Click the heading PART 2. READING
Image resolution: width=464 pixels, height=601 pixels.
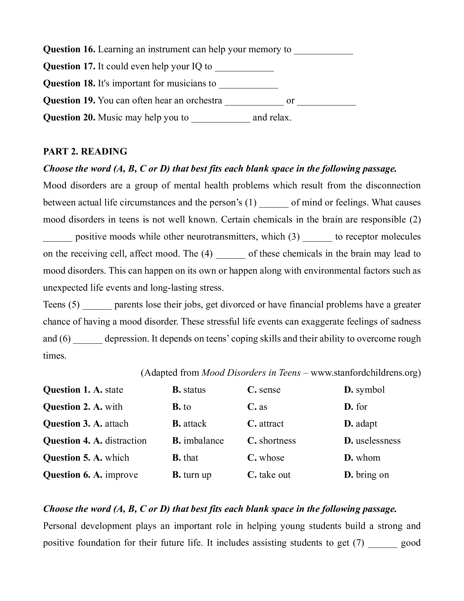coord(85,152)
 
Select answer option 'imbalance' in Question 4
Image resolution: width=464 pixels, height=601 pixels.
coord(204,441)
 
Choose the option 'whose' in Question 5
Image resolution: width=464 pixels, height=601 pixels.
coord(272,458)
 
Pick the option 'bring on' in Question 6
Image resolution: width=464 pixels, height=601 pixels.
coord(372,475)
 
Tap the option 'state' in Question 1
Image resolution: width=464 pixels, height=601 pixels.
coord(114,390)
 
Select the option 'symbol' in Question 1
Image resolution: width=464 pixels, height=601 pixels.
coord(370,390)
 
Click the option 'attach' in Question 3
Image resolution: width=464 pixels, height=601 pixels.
coord(117,424)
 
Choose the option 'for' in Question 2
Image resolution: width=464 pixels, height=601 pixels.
coord(361,407)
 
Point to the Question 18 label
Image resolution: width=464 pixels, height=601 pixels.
coord(69,83)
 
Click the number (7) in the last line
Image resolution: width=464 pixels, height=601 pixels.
coord(359,543)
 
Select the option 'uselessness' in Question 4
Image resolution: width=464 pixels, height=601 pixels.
coord(378,441)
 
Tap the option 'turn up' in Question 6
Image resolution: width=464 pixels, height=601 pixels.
coord(197,475)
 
